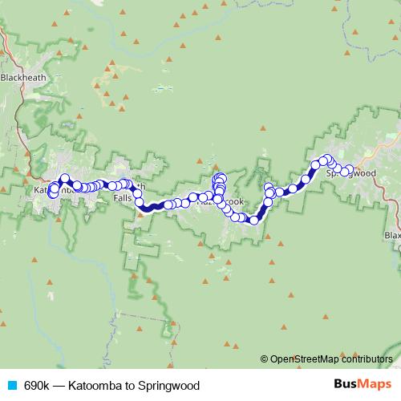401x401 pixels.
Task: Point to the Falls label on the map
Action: [x=123, y=197]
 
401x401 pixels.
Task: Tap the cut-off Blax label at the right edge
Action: [x=392, y=236]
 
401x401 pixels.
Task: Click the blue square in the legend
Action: [x=10, y=386]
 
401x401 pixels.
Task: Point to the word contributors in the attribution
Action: [x=366, y=359]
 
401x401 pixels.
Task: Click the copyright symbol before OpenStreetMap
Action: [x=265, y=359]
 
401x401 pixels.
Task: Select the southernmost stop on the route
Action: [x=253, y=220]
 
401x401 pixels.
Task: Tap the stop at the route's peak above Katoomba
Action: [x=65, y=179]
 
